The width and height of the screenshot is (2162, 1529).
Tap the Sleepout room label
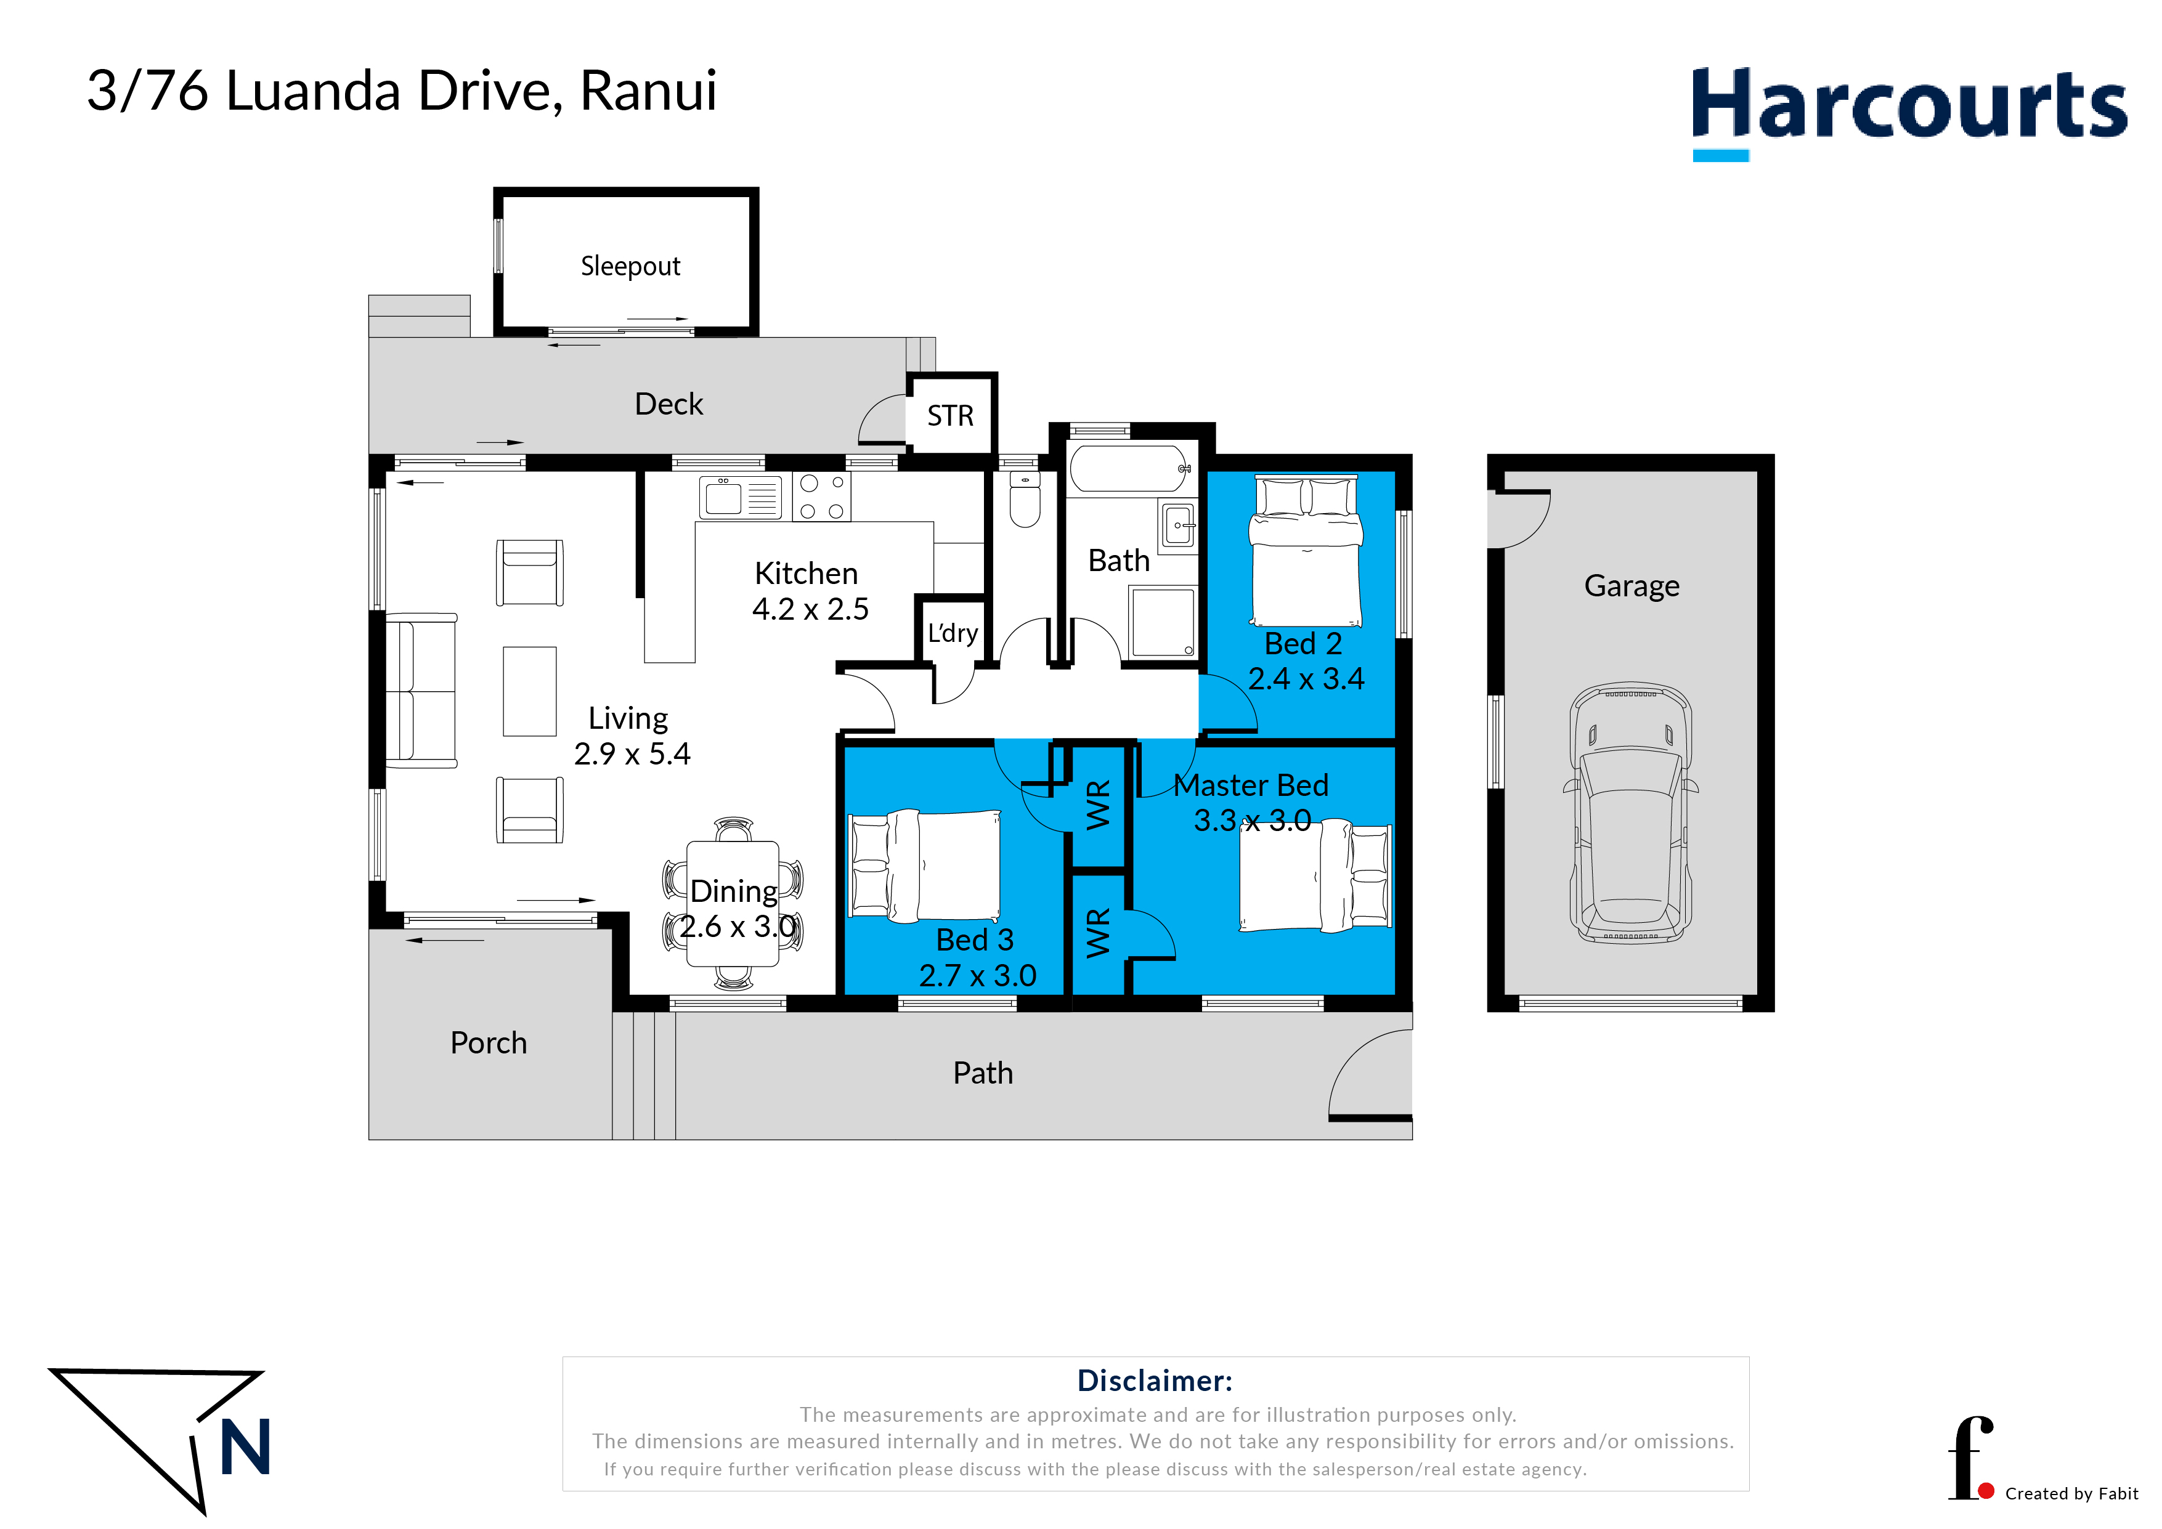click(x=630, y=267)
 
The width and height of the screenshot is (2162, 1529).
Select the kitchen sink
click(x=740, y=497)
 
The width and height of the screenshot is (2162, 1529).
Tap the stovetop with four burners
click(x=821, y=496)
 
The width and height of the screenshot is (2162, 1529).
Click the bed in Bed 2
click(x=1305, y=551)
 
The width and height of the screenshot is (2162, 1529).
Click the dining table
click(x=733, y=904)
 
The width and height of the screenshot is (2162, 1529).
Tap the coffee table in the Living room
click(x=529, y=691)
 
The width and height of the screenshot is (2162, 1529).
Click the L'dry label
click(x=952, y=633)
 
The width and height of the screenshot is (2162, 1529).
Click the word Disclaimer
click(x=1155, y=1381)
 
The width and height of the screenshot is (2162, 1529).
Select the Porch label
click(x=488, y=1043)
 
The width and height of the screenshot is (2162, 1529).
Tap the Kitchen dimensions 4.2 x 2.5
click(x=810, y=609)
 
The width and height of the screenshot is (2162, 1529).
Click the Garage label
click(x=1632, y=586)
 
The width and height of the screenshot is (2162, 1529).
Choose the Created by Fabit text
click(x=2071, y=1493)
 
